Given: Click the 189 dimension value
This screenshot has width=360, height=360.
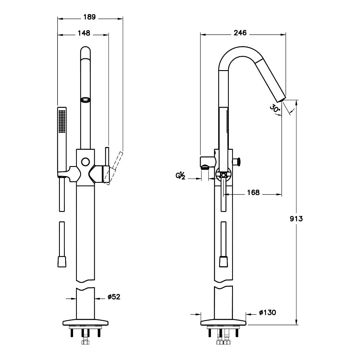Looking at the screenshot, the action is click(89, 17).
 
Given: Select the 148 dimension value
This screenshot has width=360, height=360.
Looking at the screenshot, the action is click(84, 33).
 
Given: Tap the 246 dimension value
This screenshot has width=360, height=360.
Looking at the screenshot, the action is click(240, 33).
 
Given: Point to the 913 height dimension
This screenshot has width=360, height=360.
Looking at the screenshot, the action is click(296, 219).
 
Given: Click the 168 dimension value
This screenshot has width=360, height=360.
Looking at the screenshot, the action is click(253, 192).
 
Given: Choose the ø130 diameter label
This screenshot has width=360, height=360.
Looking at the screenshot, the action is click(268, 312).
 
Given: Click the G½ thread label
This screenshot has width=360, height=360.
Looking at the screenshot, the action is click(180, 176).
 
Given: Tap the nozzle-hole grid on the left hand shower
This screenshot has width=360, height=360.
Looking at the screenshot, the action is click(62, 121).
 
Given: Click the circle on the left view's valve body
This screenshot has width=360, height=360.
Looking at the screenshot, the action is click(86, 162).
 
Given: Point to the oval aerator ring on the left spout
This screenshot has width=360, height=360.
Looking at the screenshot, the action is click(85, 100).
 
